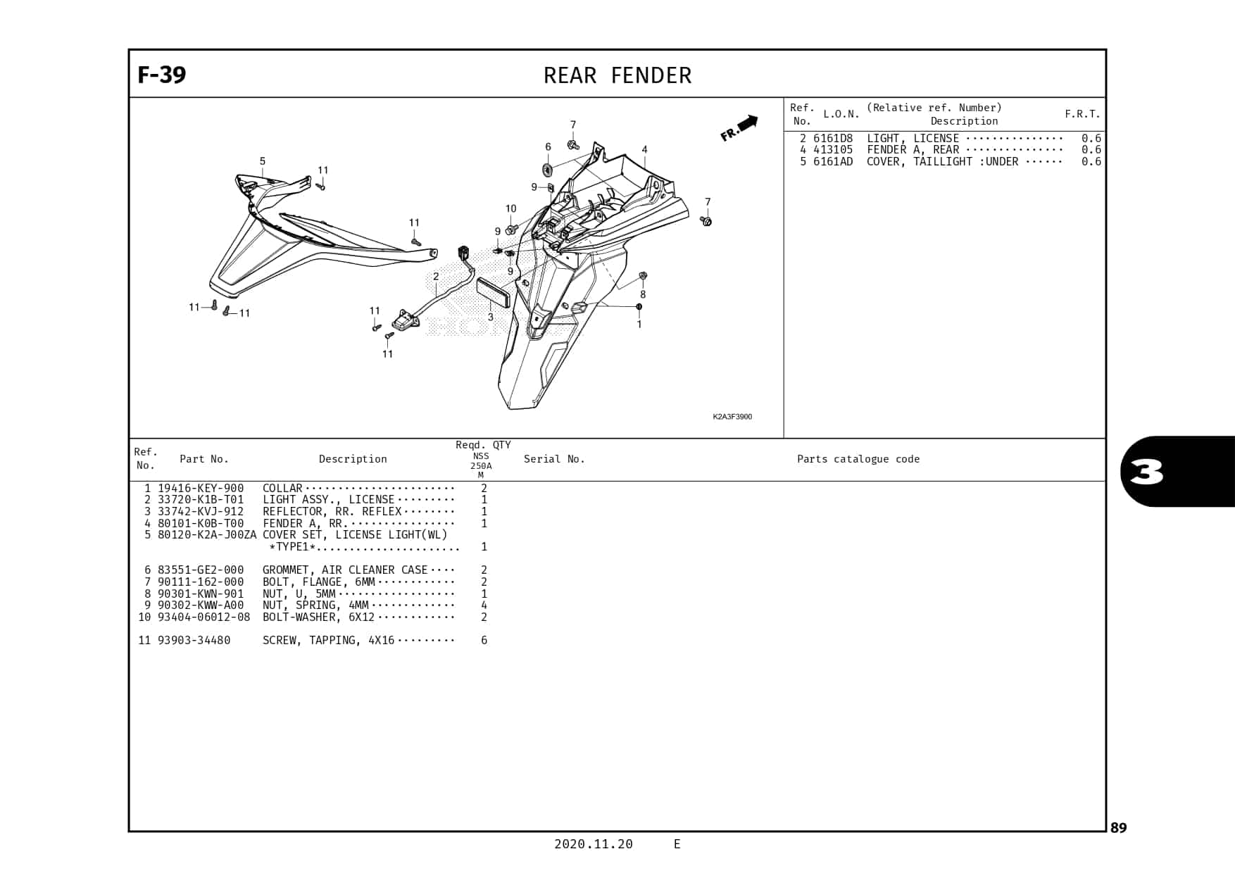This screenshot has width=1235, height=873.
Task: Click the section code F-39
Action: [161, 75]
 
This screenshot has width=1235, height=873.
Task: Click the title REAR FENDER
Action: [617, 75]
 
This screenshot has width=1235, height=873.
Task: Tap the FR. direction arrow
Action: [739, 128]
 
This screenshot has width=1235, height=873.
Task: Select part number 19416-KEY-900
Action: [201, 488]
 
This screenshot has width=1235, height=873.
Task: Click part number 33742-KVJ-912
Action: [201, 511]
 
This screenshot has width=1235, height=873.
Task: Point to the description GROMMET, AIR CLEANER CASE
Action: [345, 570]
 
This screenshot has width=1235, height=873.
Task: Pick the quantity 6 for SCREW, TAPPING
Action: [484, 640]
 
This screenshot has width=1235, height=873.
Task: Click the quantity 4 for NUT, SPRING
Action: [484, 605]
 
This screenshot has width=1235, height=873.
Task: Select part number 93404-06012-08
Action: [203, 617]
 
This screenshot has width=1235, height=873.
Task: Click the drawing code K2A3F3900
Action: [732, 417]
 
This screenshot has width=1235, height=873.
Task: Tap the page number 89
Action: [1118, 828]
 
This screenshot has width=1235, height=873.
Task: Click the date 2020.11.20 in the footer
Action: [593, 844]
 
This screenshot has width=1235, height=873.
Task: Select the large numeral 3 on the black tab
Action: [1146, 472]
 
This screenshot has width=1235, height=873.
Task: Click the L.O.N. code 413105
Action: [832, 149]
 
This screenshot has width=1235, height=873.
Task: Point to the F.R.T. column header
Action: [1082, 114]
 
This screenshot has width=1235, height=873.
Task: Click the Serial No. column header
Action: [554, 459]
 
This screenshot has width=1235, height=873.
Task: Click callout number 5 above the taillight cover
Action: [263, 161]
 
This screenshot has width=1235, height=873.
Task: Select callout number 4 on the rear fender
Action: [644, 149]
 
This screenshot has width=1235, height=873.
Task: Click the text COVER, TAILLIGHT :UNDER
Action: [942, 161]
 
